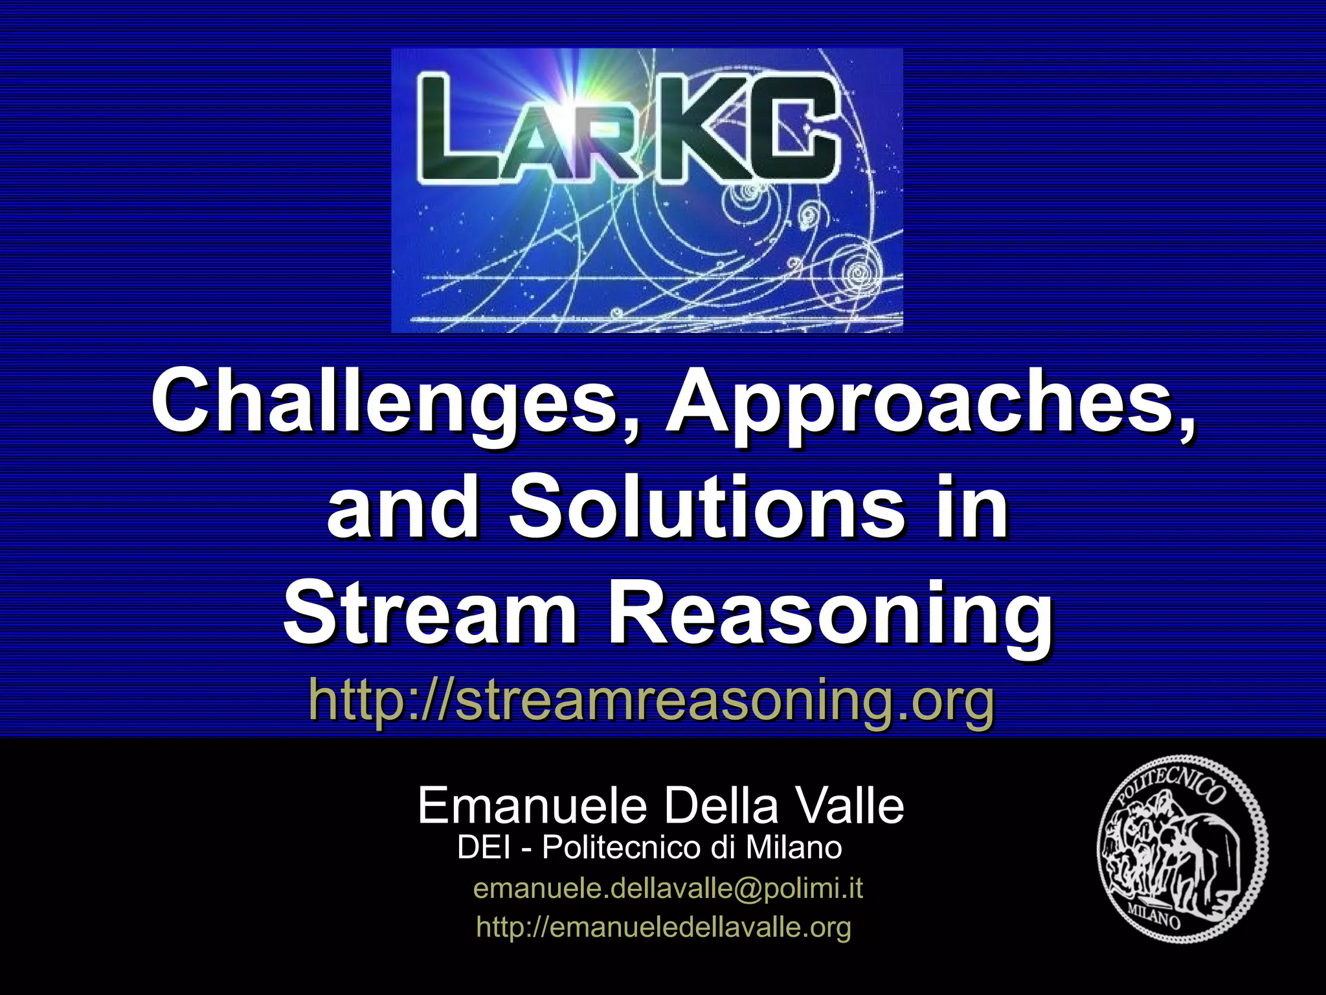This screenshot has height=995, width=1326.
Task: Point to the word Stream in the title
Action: click(430, 613)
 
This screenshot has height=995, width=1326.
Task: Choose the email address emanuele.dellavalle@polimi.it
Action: click(668, 888)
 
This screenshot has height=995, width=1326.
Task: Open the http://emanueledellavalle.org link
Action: click(664, 927)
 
